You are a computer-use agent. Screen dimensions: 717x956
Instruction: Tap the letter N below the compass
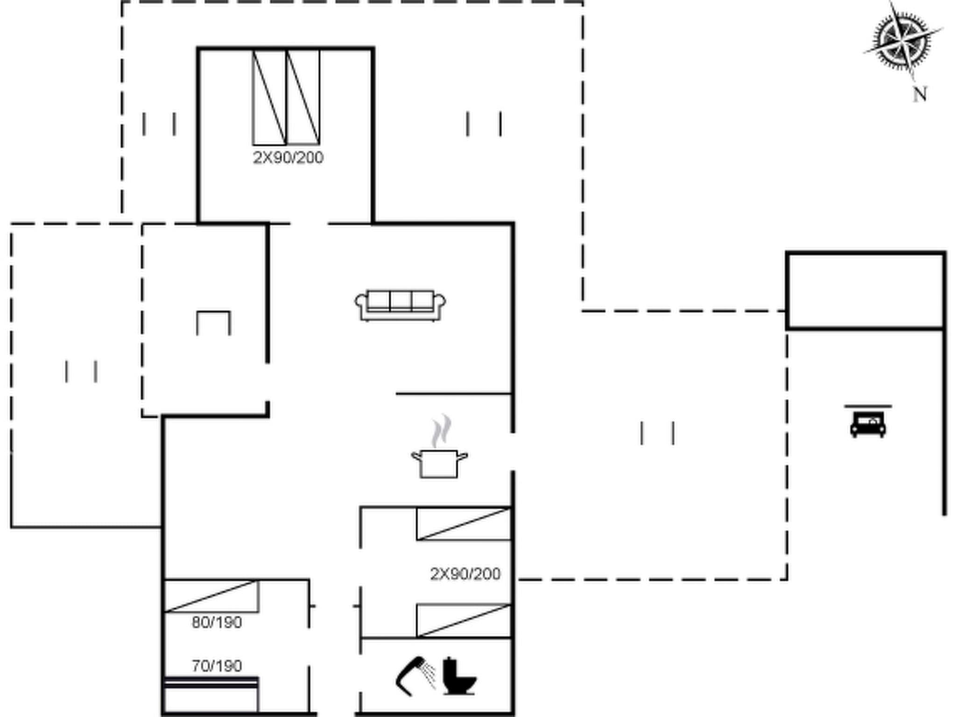pyautogui.click(x=919, y=94)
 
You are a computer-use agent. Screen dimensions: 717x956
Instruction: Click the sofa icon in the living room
pyautogui.click(x=400, y=305)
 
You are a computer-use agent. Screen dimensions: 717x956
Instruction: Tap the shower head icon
pyautogui.click(x=414, y=676)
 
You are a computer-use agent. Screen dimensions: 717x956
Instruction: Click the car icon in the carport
pyautogui.click(x=868, y=423)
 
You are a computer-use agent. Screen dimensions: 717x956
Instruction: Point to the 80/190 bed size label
pyautogui.click(x=217, y=622)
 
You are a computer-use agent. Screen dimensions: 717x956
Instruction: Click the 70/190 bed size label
pyautogui.click(x=217, y=666)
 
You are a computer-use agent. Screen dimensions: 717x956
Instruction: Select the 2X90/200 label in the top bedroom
pyautogui.click(x=288, y=158)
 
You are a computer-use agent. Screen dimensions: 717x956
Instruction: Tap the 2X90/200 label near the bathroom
pyautogui.click(x=465, y=574)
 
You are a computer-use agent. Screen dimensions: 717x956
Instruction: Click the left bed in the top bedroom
pyautogui.click(x=269, y=97)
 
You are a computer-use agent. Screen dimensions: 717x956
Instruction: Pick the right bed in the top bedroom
pyautogui.click(x=303, y=97)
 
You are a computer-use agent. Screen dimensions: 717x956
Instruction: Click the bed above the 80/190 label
pyautogui.click(x=211, y=596)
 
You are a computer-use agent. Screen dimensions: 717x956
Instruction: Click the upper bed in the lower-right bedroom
pyautogui.click(x=464, y=524)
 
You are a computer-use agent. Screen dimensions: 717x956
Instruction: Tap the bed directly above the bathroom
pyautogui.click(x=464, y=620)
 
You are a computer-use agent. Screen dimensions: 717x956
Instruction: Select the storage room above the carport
pyautogui.click(x=866, y=291)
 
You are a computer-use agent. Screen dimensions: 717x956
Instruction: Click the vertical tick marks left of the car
pyautogui.click(x=657, y=433)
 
